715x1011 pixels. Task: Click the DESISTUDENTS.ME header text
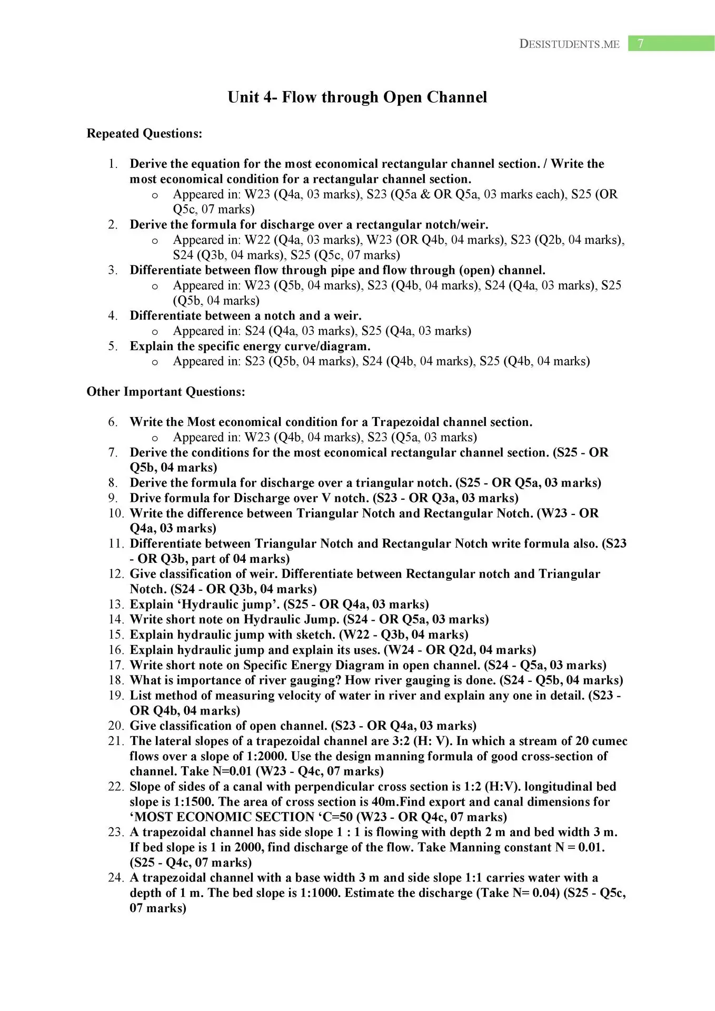tap(569, 44)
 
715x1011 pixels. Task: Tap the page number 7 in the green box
tap(640, 43)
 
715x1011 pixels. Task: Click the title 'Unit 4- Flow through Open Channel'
tap(357, 97)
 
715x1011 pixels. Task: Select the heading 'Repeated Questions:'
tap(144, 134)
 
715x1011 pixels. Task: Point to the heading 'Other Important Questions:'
tap(166, 392)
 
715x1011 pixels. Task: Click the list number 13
tap(115, 604)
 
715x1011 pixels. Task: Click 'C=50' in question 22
tap(337, 817)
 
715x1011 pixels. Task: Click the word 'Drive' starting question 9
tap(145, 498)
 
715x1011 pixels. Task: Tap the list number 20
tap(115, 726)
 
